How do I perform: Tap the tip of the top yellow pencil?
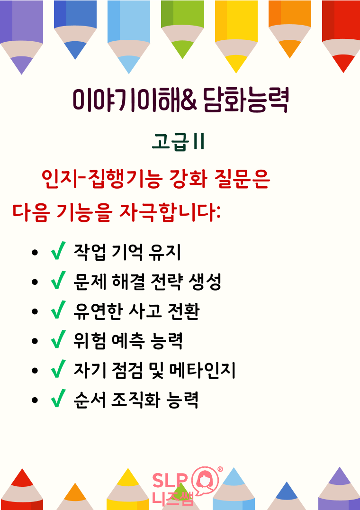pos(236,73)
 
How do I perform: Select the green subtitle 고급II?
pos(178,143)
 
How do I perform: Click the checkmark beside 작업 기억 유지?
pos(58,251)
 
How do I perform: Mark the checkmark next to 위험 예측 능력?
pos(58,339)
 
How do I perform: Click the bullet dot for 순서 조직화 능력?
pos(35,400)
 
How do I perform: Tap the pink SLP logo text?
pos(170,480)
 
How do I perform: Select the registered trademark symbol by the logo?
pos(220,469)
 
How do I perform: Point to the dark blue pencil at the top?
pos(75,29)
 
